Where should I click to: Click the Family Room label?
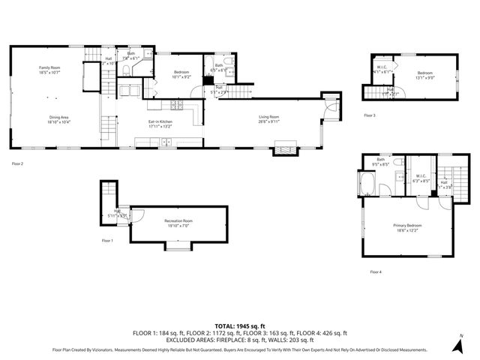49,67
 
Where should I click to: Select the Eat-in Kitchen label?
160,122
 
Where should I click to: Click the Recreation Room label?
178,220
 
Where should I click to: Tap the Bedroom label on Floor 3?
426,73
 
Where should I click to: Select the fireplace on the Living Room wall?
285,150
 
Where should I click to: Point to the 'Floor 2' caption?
18,163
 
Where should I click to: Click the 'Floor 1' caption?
107,241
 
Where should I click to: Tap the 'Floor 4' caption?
375,272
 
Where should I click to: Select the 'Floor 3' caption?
370,115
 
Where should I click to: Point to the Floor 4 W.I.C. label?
421,178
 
